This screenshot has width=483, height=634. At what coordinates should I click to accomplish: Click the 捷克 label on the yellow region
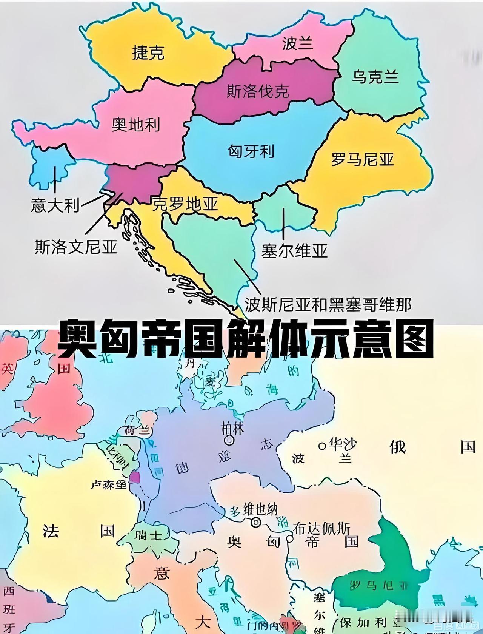(148, 53)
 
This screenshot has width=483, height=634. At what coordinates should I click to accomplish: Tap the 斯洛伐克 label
(258, 91)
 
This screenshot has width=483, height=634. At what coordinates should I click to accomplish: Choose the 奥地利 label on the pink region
(135, 124)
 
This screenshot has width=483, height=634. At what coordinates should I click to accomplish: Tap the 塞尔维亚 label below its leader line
(294, 251)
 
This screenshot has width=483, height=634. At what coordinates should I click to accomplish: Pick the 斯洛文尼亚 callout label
(76, 247)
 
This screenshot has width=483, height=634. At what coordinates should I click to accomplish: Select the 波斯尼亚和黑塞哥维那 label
(328, 304)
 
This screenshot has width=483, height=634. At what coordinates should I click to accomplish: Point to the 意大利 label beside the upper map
(55, 206)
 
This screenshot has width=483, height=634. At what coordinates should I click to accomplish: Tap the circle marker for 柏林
(229, 440)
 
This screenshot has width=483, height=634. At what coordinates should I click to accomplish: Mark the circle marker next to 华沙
(322, 446)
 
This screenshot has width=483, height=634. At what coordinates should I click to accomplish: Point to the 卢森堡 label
(108, 484)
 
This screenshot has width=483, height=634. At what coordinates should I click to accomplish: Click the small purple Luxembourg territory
(134, 478)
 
